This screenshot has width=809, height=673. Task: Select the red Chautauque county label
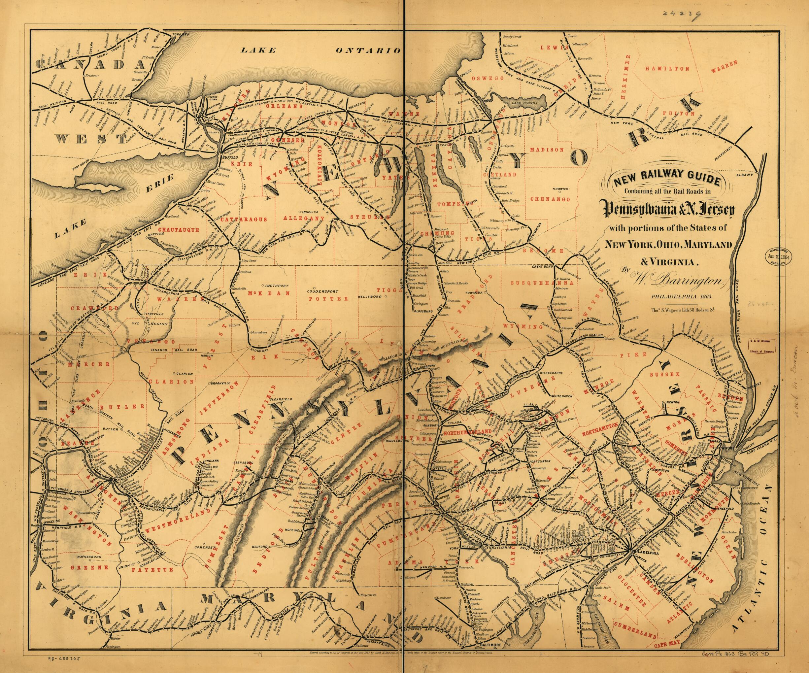[180, 230]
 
